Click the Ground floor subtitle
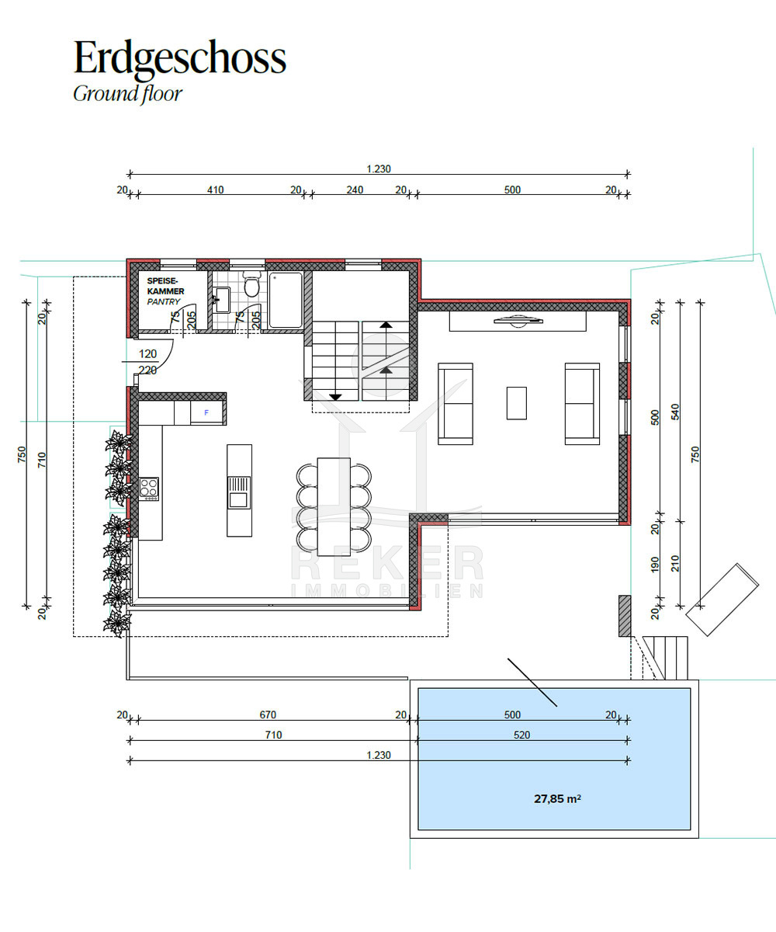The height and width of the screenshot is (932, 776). point(127,94)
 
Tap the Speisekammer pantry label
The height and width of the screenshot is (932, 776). point(165,291)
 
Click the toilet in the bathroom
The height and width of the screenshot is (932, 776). point(251,283)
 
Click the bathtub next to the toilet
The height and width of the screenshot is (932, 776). point(286,301)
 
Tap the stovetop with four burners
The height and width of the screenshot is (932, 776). point(148,489)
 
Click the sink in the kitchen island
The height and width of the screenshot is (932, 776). point(239,492)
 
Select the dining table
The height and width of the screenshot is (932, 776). point(334,506)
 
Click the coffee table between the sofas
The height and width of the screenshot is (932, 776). point(517,403)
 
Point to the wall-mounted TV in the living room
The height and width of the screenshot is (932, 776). point(518,321)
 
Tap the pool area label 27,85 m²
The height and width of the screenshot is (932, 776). point(557,798)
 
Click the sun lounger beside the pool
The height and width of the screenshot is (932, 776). point(722,599)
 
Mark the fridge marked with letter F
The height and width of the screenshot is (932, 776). point(206,412)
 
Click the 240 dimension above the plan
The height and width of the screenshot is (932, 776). point(355,190)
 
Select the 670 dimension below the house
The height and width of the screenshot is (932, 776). point(268,715)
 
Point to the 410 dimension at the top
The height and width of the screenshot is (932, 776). point(215,190)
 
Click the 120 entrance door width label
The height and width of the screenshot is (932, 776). point(147,354)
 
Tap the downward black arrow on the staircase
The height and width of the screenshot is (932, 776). point(335,397)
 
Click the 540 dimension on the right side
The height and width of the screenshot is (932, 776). point(675,412)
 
